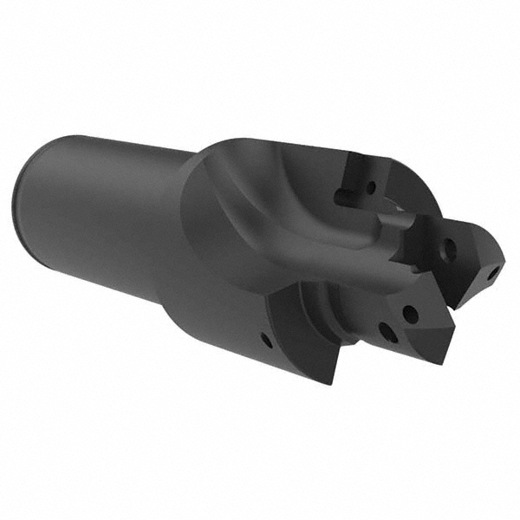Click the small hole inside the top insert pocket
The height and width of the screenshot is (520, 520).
pyautogui.click(x=371, y=185)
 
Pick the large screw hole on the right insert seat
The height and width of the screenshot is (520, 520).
pyautogui.click(x=449, y=250)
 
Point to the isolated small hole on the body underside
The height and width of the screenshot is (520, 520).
pyautogui.click(x=265, y=341)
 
